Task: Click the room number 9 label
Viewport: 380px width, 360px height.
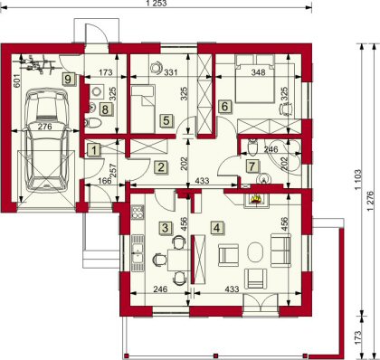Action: coord(68,80)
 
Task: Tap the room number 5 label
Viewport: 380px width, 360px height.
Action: coord(166,120)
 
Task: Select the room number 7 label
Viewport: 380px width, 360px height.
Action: coord(252,166)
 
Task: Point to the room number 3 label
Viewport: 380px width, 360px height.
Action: coord(165,228)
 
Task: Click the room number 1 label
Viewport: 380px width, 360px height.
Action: coord(94,150)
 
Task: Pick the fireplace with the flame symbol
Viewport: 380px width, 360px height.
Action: coord(255,199)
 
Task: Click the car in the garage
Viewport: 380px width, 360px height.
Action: coord(46,140)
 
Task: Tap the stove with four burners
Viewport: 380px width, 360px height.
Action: coord(138,212)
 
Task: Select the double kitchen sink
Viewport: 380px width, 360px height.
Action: coord(138,252)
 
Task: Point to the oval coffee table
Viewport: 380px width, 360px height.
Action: coord(255,252)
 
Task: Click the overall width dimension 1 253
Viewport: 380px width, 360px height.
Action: coord(156,4)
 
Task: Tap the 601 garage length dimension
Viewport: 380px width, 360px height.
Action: coord(17,81)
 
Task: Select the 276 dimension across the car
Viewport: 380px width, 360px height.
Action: coord(44,127)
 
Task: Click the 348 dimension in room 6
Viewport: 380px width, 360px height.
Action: coord(259,72)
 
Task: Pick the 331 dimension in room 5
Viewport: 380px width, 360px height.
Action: coord(171,72)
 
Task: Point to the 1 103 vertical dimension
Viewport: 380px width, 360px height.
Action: coord(357,179)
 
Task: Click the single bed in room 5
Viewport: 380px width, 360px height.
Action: coord(143,109)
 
